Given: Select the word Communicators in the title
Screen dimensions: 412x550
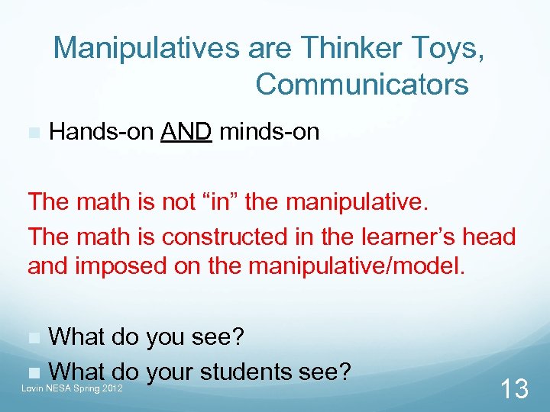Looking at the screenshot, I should pos(362,84).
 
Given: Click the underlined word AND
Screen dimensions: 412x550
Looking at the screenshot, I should pos(186,132).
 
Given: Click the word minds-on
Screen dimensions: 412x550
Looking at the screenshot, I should pos(269,132).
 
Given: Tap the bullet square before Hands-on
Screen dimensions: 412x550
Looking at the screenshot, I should pos(33,133).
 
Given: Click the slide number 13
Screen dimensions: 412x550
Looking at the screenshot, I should pos(513,389).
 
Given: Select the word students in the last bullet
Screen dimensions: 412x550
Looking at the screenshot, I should pos(244,372).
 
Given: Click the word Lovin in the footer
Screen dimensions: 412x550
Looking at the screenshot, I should pos(34,388).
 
